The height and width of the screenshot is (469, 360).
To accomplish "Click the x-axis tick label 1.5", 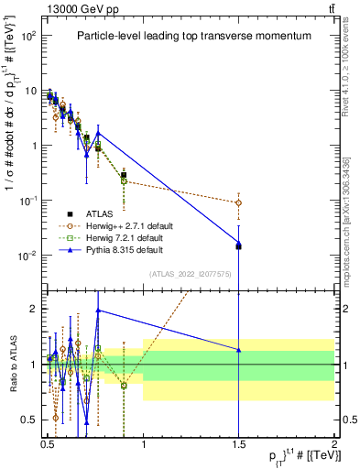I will coord(238,442).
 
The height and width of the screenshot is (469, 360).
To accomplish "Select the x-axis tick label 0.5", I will coord(48,442).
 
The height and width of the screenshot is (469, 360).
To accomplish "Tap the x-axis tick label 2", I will coord(334,442).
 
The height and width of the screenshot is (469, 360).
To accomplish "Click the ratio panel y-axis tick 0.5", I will coord(28,420).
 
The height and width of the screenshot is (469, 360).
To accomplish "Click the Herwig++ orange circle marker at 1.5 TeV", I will coord(238,202).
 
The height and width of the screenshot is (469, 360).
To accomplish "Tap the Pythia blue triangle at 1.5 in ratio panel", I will coord(238,349).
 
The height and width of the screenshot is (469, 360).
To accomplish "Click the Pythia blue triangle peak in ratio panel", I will coord(98,310).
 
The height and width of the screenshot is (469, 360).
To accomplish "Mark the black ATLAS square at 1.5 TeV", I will coord(238,246).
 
